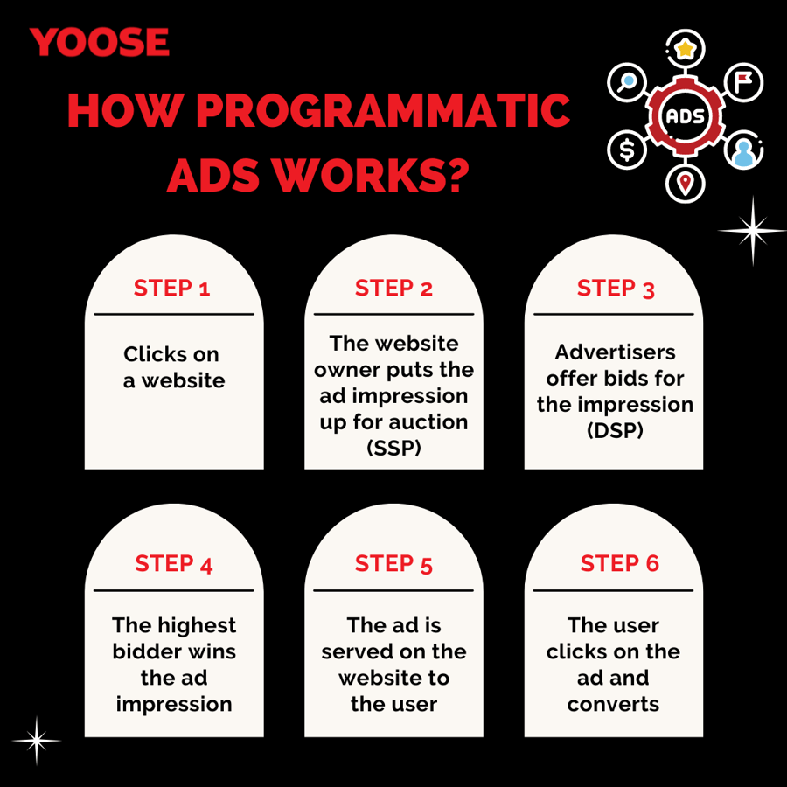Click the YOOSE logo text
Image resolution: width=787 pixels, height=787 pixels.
click(x=100, y=42)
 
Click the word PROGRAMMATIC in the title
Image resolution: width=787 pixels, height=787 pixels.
click(x=383, y=110)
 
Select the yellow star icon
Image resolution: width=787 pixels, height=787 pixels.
click(x=685, y=49)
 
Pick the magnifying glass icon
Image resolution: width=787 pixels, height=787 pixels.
click(x=626, y=82)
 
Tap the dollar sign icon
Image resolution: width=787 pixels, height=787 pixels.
click(x=627, y=150)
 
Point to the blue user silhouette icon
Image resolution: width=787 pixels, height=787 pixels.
click(x=743, y=152)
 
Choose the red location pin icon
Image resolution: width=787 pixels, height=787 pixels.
click(x=685, y=184)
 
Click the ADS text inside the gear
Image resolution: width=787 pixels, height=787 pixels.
click(x=685, y=116)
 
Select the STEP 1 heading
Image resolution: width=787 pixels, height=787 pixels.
click(x=171, y=289)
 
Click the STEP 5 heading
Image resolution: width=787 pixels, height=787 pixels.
click(x=393, y=564)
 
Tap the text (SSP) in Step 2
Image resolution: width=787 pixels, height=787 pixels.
click(x=394, y=448)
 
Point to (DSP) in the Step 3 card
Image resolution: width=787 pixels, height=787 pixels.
click(x=615, y=430)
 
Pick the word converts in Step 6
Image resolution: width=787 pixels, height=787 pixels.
click(x=613, y=704)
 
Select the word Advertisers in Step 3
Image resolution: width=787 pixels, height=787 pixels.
click(x=615, y=352)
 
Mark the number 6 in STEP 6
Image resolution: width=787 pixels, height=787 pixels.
click(x=652, y=563)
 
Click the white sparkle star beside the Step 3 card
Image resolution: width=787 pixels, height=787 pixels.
click(x=752, y=230)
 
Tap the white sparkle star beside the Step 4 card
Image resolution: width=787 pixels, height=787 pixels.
click(x=36, y=741)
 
